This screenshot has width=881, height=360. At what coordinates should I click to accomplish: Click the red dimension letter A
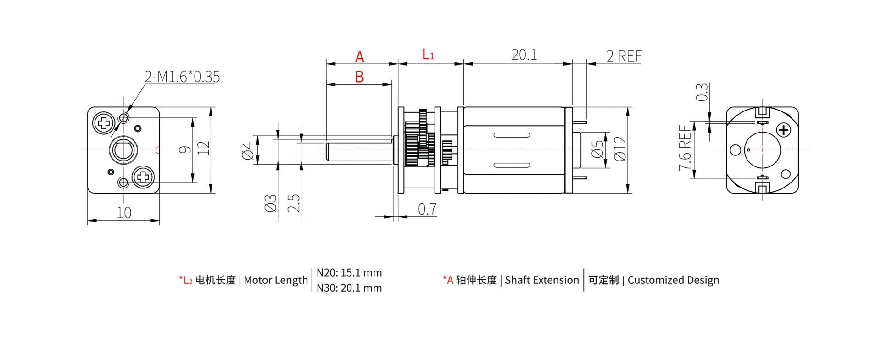[x=359, y=57]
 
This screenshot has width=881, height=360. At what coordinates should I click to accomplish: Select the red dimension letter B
[x=359, y=77]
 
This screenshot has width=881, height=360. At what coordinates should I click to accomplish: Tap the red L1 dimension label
[x=428, y=55]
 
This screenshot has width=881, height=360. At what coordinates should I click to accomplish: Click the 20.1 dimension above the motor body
[x=524, y=55]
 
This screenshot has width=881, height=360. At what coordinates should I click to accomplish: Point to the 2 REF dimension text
[x=624, y=56]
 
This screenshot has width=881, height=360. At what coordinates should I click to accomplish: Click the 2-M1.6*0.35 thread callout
[x=182, y=77]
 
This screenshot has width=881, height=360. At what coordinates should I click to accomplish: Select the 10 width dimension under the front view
[x=124, y=213]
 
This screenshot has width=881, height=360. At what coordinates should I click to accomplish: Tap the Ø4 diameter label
[x=248, y=150]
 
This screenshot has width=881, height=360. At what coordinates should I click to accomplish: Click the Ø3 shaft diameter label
[x=271, y=203]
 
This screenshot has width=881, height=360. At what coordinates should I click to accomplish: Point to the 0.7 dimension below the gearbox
[x=427, y=209]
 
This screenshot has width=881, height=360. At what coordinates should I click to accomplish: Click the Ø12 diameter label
[x=620, y=149]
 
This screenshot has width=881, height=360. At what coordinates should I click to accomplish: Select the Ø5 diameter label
[x=597, y=150]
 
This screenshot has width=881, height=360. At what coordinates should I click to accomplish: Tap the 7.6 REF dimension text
[x=685, y=148]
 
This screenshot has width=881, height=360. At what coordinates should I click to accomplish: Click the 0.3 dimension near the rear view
[x=702, y=92]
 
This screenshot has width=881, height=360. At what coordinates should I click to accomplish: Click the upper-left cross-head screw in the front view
[x=104, y=123]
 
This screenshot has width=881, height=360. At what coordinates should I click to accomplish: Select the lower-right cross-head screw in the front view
[x=143, y=177]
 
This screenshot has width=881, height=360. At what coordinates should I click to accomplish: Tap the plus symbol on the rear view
[x=784, y=130]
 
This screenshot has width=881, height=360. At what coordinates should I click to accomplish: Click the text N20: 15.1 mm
[x=349, y=273]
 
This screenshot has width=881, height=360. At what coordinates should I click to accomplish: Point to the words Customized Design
[x=673, y=280]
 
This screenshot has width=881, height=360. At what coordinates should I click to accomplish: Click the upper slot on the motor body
[x=512, y=135]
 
